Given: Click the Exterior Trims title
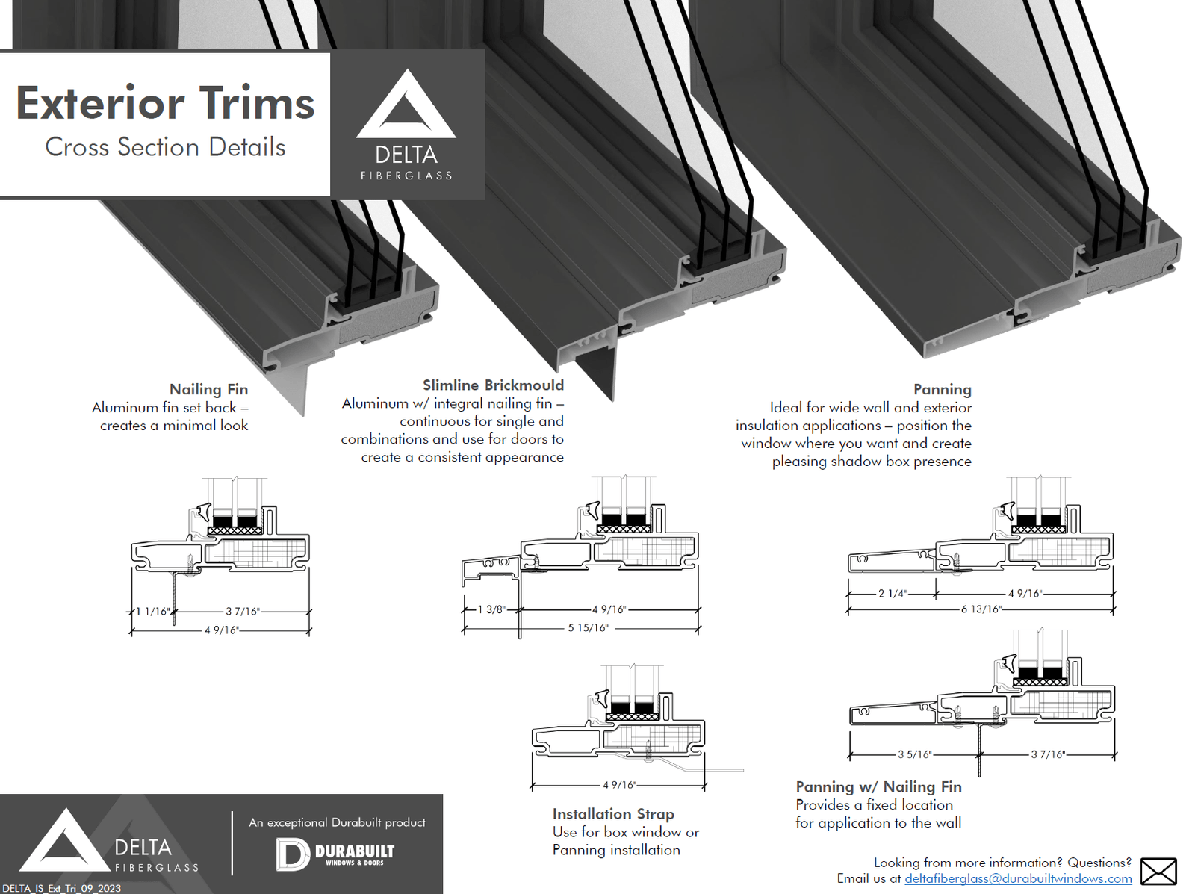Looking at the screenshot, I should click(x=165, y=103).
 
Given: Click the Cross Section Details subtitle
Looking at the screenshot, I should click(x=165, y=147).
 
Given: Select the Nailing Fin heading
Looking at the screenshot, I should click(x=208, y=389).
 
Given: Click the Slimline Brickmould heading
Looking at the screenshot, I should click(x=493, y=385).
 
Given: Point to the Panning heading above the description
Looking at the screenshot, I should click(x=942, y=389).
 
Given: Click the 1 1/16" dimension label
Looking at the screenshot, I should click(x=152, y=612).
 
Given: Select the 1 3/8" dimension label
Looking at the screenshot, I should click(x=491, y=609).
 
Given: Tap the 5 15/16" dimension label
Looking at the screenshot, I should click(x=588, y=628).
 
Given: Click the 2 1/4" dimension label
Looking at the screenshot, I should click(x=892, y=594).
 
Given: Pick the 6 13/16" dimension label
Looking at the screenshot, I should click(x=981, y=609).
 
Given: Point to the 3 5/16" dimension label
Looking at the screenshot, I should click(x=914, y=755).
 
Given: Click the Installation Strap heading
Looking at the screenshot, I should click(x=613, y=814).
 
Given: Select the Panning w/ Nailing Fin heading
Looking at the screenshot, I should click(x=878, y=786).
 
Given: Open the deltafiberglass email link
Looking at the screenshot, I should click(x=1018, y=879).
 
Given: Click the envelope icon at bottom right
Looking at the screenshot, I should click(x=1158, y=872).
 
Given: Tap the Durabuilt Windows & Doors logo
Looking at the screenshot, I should click(x=335, y=854).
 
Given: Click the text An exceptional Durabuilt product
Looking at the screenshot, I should click(x=337, y=822).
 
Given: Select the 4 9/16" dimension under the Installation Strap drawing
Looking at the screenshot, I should click(x=619, y=785).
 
